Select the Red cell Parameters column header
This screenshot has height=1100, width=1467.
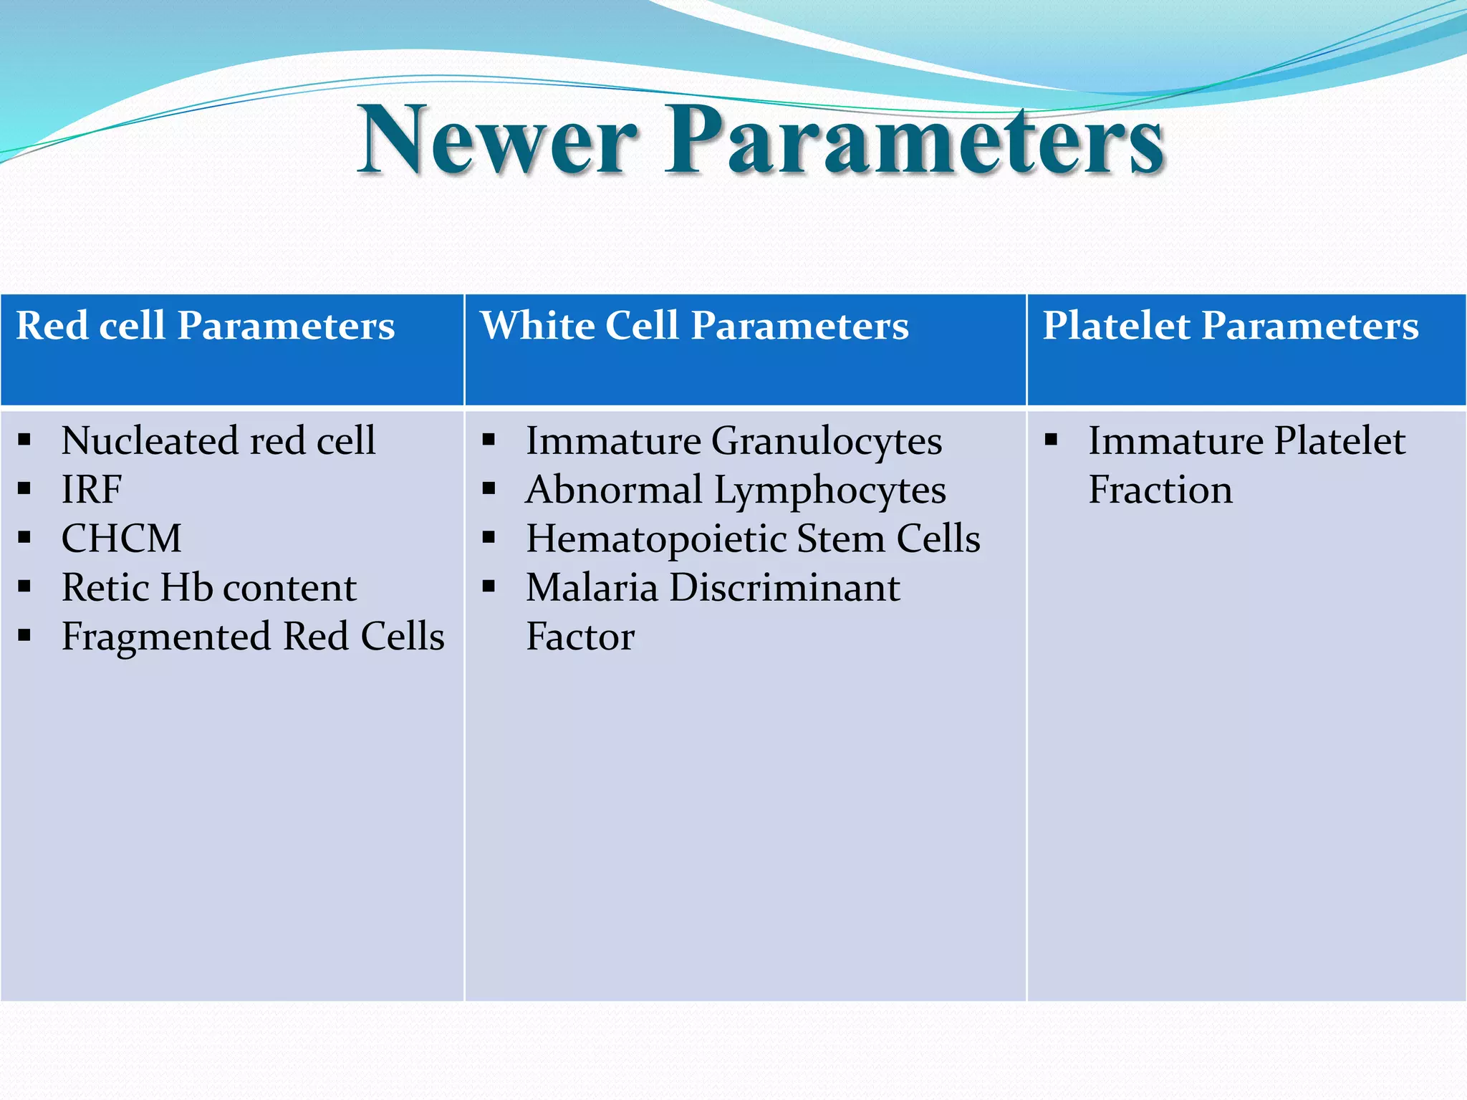(206, 326)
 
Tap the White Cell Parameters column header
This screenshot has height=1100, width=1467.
(694, 326)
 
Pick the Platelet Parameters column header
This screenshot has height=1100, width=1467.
(1230, 326)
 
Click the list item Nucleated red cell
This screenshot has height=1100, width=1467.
(218, 440)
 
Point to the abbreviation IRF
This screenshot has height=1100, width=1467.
(92, 490)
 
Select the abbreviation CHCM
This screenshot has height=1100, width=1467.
(121, 539)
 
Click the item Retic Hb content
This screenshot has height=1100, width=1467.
(208, 588)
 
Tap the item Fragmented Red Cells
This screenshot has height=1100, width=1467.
(252, 637)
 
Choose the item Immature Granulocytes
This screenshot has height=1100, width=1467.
(733, 441)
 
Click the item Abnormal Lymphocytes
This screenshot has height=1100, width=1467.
(735, 491)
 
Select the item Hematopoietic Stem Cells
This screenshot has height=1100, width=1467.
(752, 539)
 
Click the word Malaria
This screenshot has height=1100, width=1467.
(592, 588)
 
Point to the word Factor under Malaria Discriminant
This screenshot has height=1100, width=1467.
(580, 637)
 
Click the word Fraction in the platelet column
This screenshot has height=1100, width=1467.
(1160, 491)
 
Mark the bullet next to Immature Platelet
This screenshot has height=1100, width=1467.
(1051, 440)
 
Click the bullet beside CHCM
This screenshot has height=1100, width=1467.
(24, 538)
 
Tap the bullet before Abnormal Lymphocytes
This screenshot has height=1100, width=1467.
(489, 489)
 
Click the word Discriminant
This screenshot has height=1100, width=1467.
(784, 588)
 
